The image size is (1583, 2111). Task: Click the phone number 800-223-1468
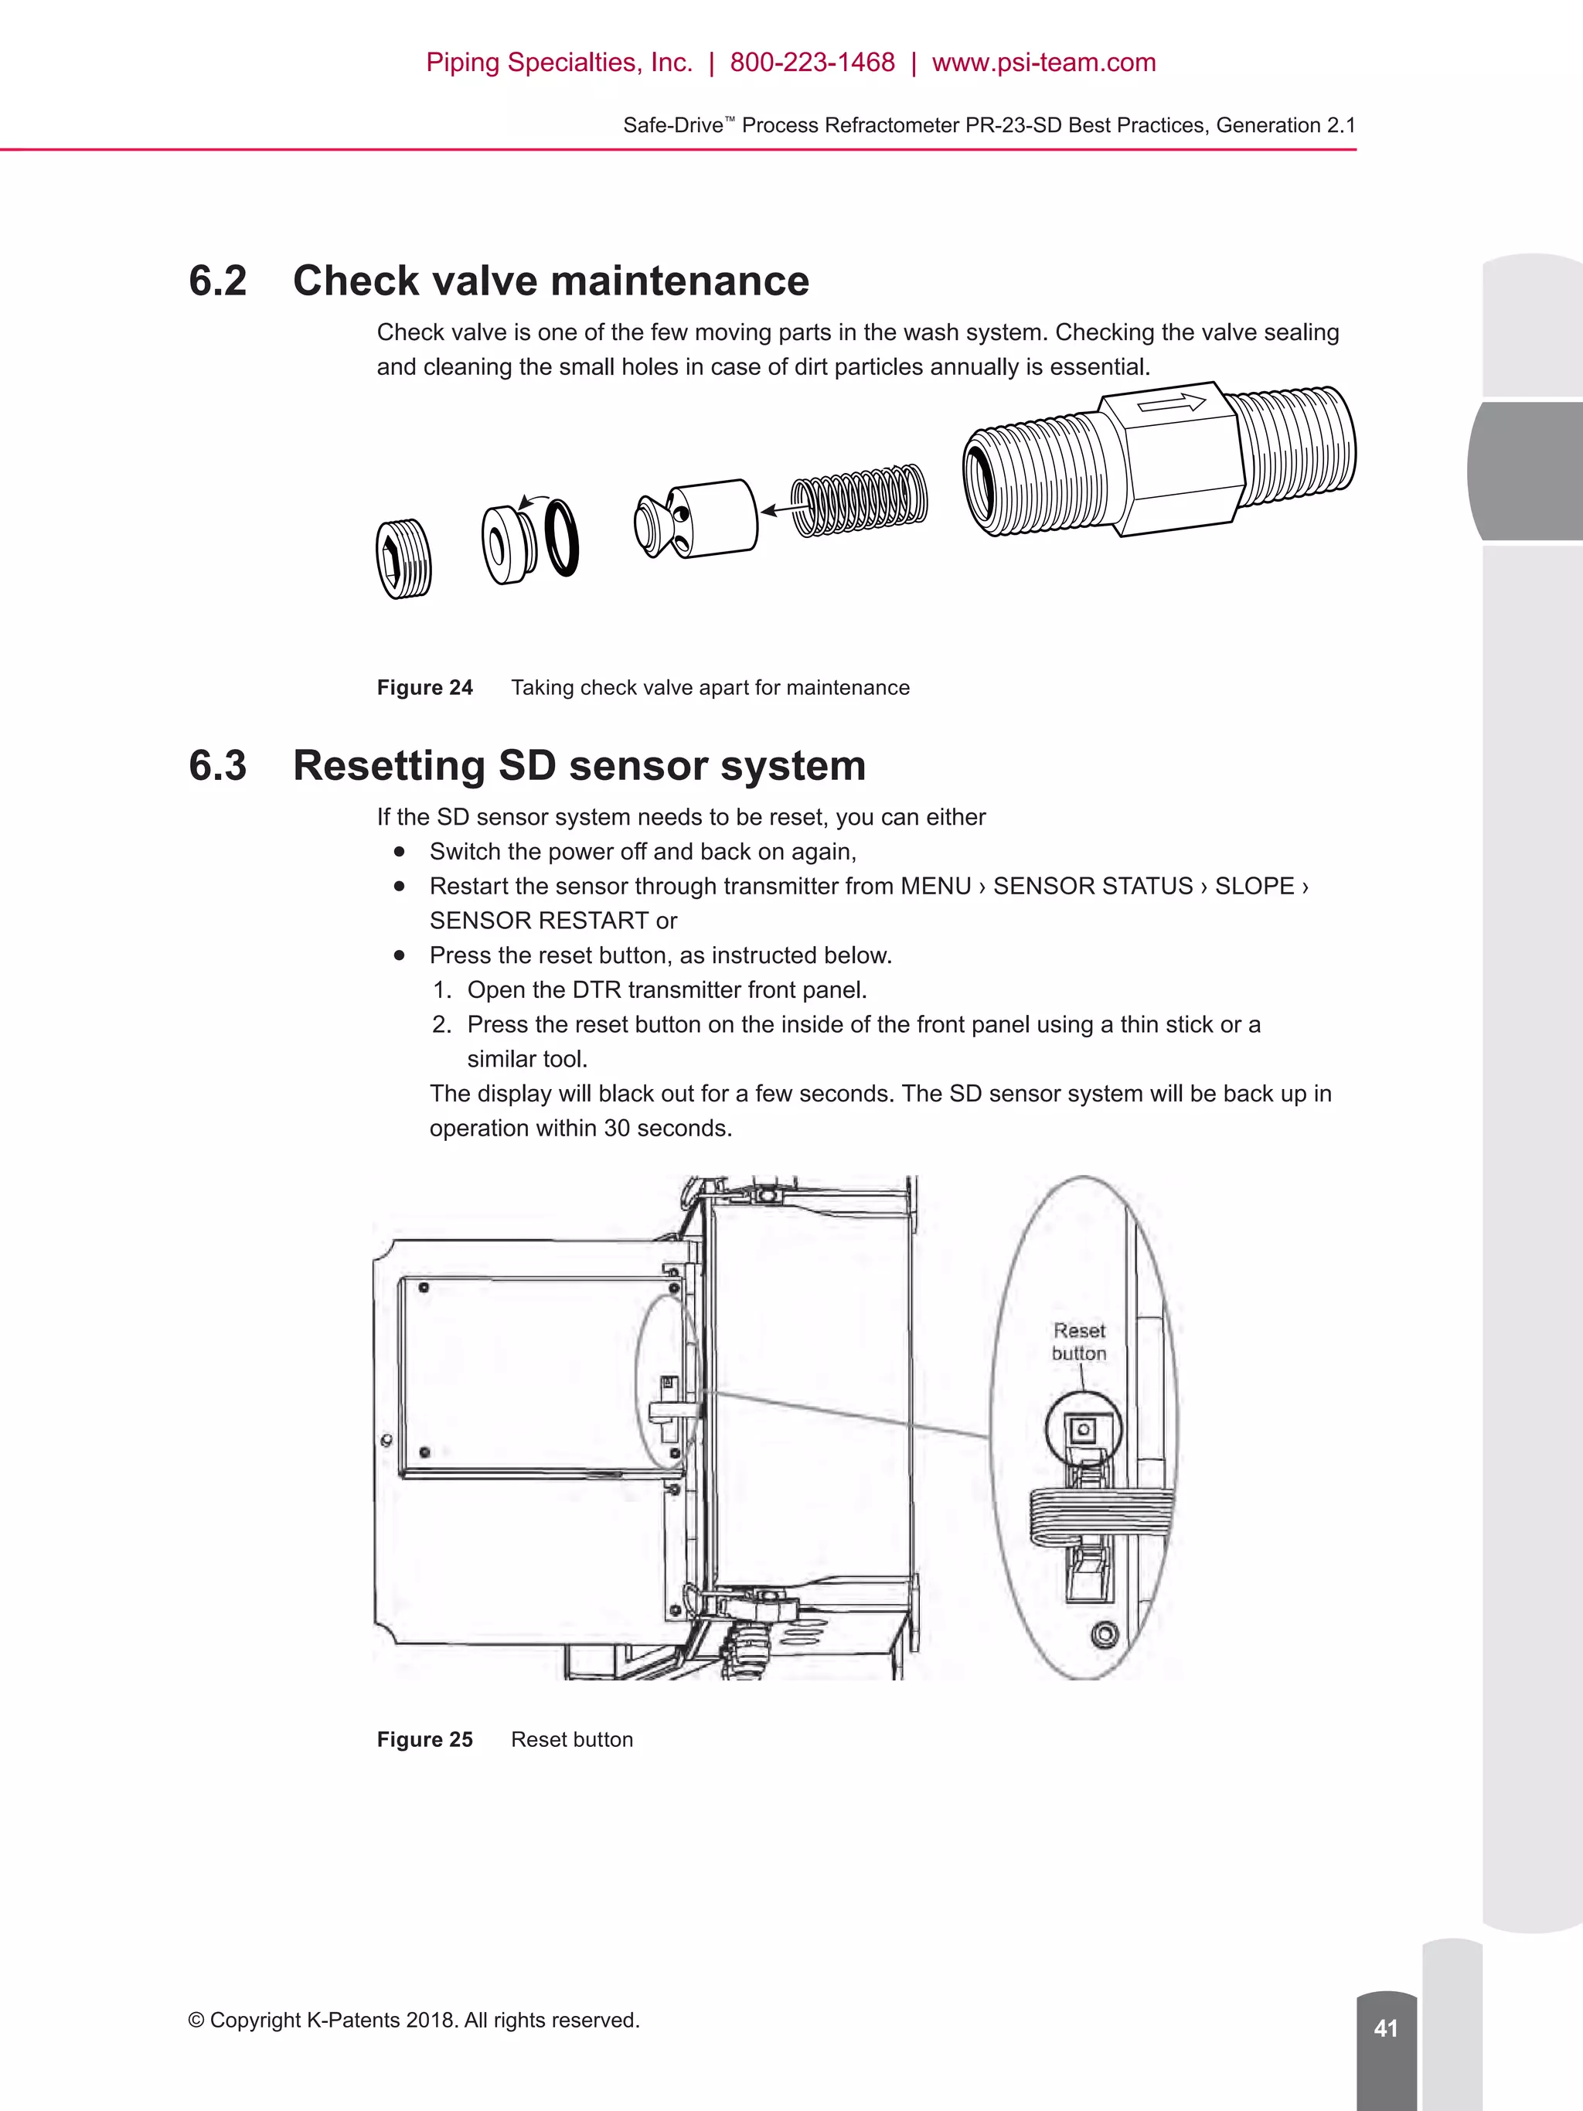click(812, 63)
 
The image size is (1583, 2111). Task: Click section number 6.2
click(217, 281)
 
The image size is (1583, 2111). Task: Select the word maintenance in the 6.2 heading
click(679, 281)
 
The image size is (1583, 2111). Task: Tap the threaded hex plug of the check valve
click(403, 560)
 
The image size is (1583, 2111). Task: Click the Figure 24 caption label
click(424, 688)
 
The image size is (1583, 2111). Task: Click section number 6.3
click(217, 765)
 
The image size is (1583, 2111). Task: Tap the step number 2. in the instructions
click(441, 1025)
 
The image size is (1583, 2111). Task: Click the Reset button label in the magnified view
click(1079, 1342)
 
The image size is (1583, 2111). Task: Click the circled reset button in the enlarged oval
click(1082, 1429)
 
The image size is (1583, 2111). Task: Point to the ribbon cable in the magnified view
click(1098, 1514)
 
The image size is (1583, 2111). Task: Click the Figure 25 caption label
click(424, 1740)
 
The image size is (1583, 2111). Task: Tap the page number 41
click(1385, 2028)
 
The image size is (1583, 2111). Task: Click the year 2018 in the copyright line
click(431, 2021)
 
